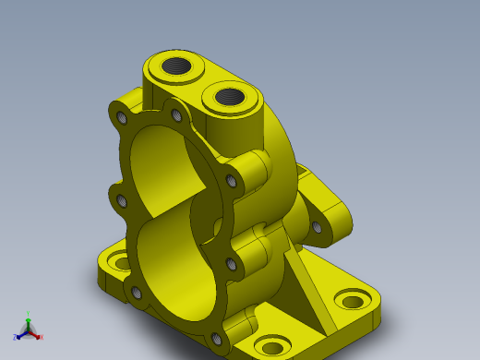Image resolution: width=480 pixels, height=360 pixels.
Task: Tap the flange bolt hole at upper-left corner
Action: tap(122, 117)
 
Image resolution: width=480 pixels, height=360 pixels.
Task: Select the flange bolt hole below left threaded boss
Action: tap(176, 115)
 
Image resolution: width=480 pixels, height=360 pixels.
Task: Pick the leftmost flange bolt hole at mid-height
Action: tap(119, 198)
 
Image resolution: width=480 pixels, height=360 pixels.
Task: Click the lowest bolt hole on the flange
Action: tap(218, 340)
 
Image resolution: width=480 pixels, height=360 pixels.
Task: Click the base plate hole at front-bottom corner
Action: tap(270, 347)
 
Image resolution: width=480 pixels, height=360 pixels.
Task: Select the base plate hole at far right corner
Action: tap(352, 301)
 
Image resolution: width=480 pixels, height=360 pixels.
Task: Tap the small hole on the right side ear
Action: tap(317, 226)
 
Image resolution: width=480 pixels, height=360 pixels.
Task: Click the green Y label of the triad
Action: tap(29, 314)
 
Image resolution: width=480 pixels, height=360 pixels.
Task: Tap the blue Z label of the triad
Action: tap(15, 338)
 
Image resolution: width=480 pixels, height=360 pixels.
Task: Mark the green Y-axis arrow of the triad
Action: tap(29, 322)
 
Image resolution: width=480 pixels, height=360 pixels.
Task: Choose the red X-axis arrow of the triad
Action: tap(35, 333)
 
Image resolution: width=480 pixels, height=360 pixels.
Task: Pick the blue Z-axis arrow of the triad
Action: tap(21, 334)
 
